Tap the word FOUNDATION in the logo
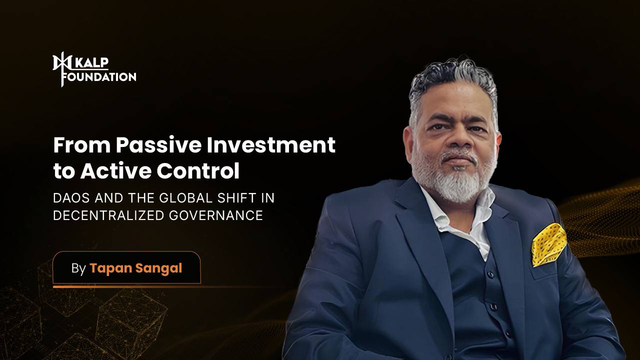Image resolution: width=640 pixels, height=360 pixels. tap(99, 77)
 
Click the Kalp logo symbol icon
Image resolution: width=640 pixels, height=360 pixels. tap(59, 69)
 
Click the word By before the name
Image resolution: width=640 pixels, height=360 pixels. tap(78, 268)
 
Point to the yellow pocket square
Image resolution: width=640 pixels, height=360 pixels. tap(548, 244)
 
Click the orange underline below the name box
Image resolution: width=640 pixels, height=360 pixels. tap(125, 287)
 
